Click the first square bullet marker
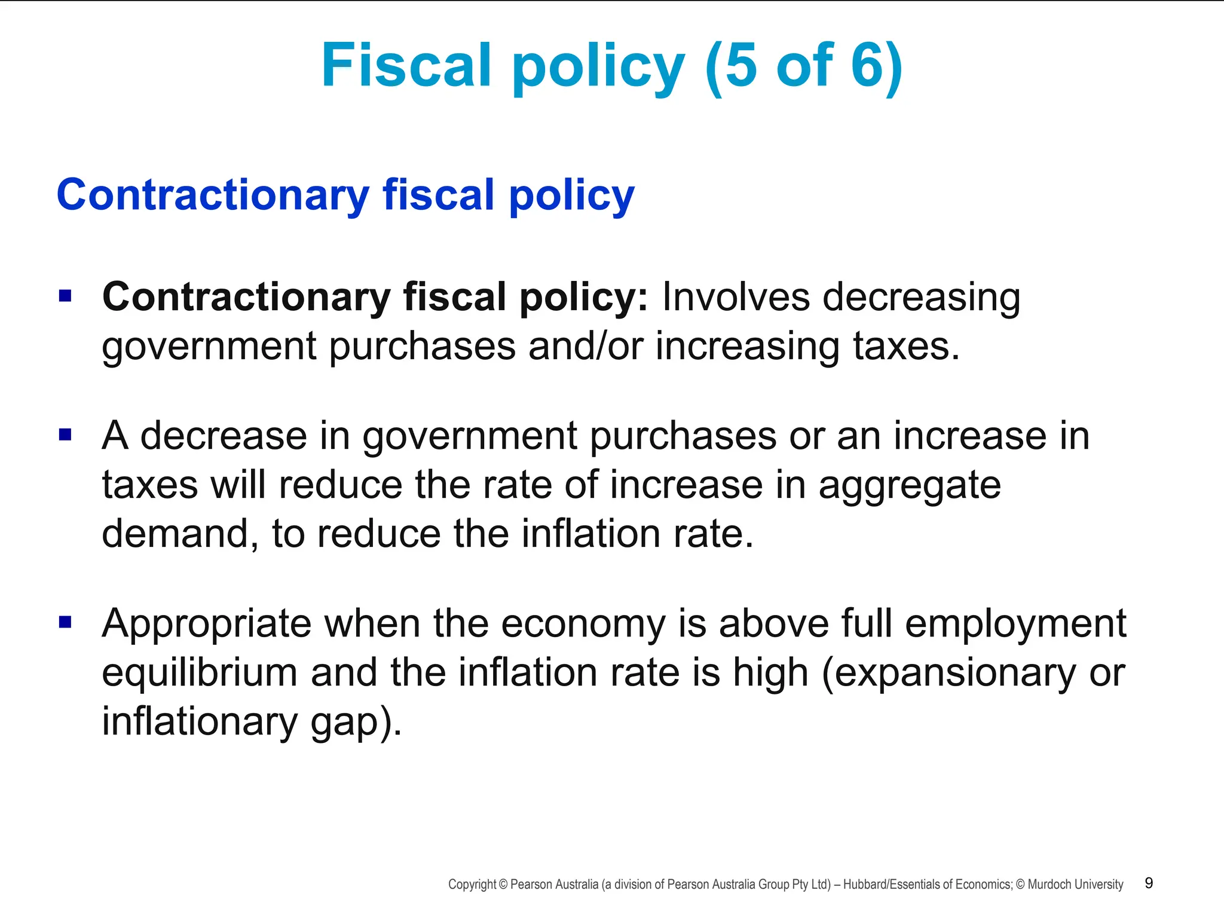click(65, 296)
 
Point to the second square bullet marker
click(65, 434)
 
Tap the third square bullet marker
click(65, 623)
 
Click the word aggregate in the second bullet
click(909, 485)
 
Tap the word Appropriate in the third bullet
click(206, 624)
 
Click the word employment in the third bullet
click(1015, 624)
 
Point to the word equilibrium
click(200, 672)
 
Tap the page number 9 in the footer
click(1149, 883)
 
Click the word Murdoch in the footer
click(1048, 885)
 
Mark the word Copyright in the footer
click(472, 885)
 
